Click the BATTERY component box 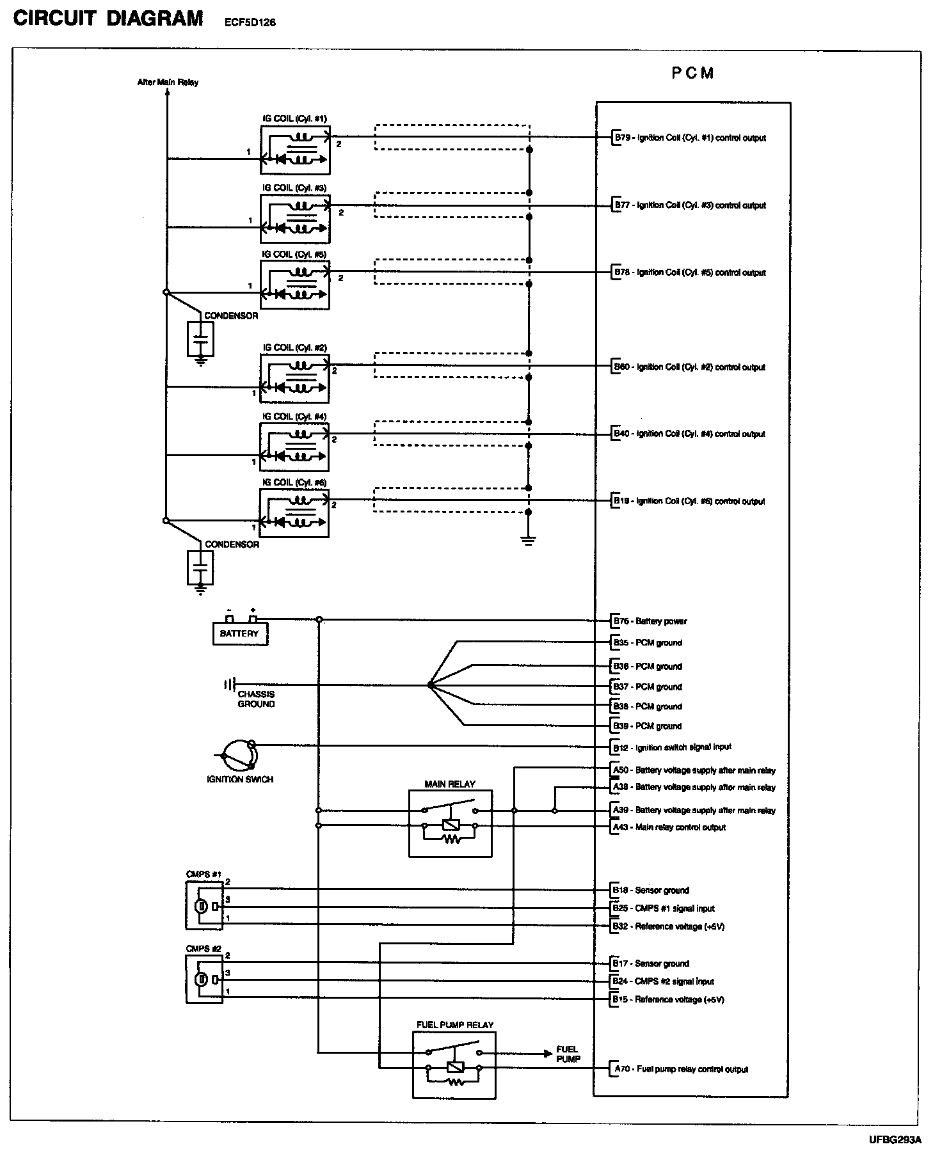[240, 633]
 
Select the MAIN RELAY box [451, 823]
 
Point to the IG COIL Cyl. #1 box [295, 150]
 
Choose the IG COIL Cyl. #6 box [294, 513]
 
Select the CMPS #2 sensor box [204, 978]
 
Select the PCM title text [692, 73]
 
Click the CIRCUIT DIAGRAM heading [108, 19]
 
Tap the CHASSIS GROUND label [256, 699]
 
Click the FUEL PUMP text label [568, 1054]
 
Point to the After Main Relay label [168, 82]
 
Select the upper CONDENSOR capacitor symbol [200, 339]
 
